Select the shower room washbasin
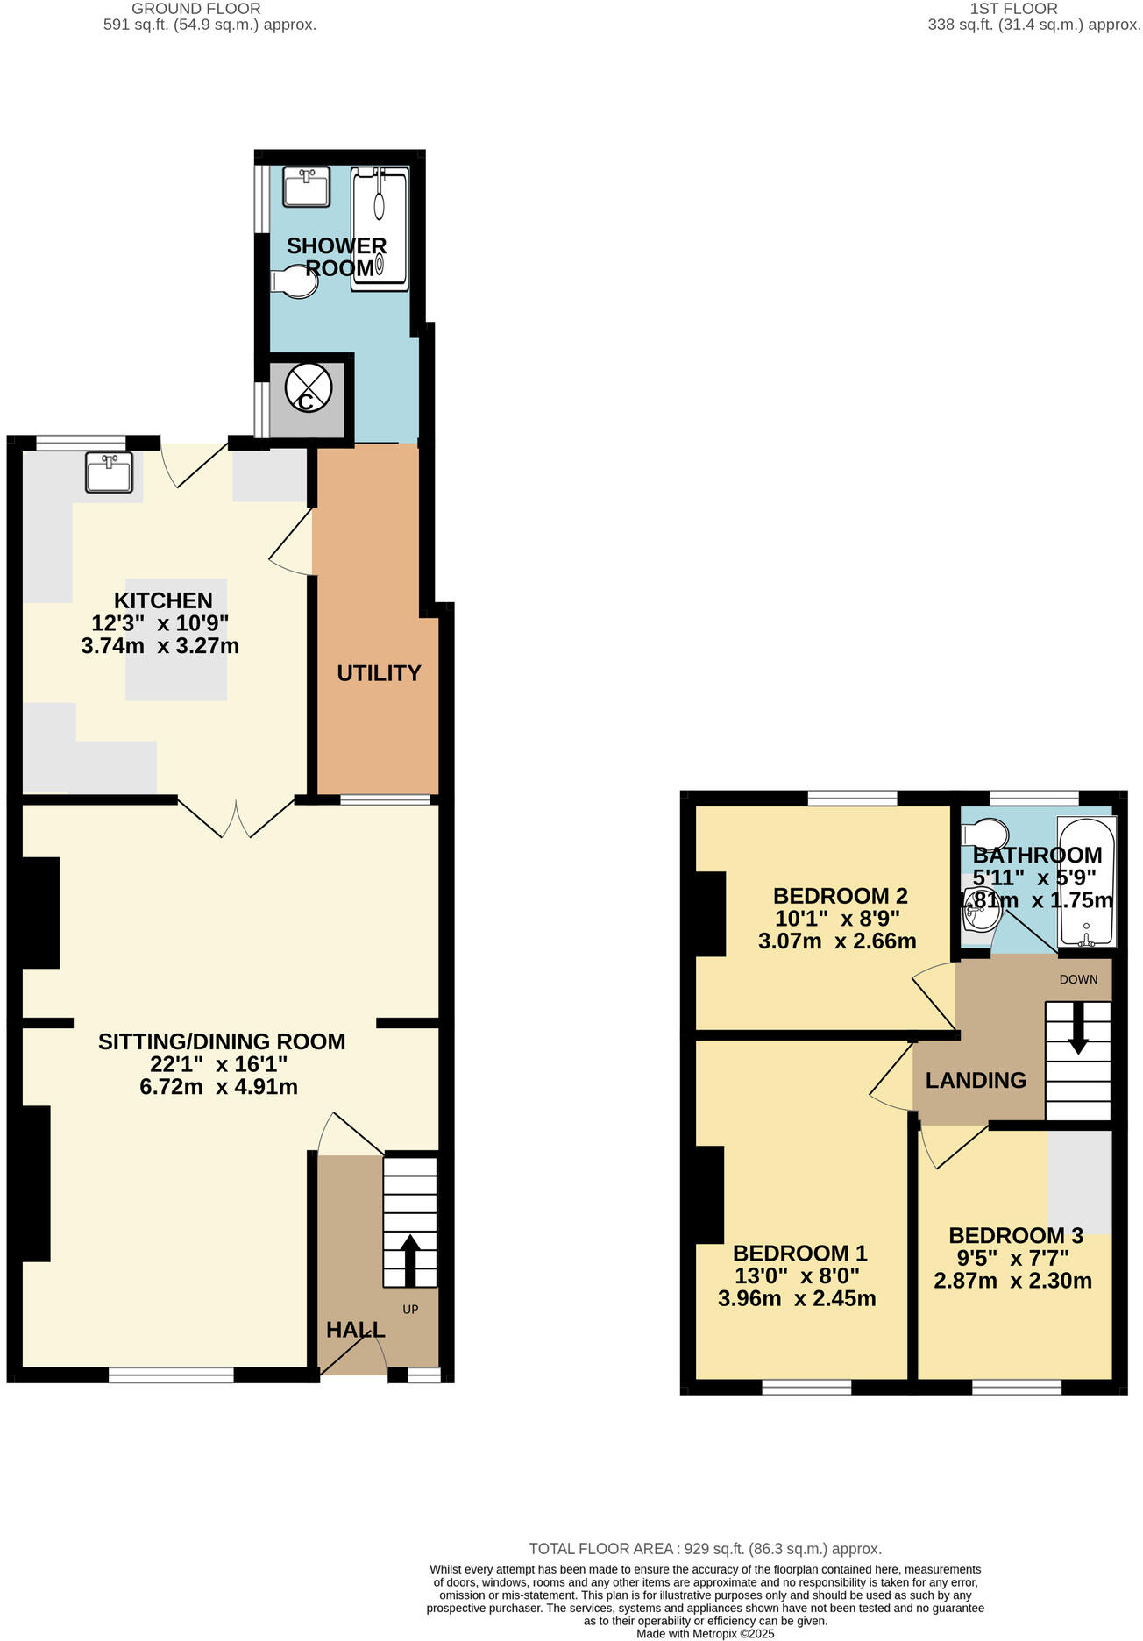coord(307,188)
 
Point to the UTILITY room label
coord(379,673)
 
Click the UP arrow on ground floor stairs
coord(409,1253)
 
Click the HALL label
coord(355,1330)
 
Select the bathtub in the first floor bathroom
coord(1087,882)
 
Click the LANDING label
coord(976,1080)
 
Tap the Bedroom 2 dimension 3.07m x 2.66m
coord(837,941)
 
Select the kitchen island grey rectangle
coord(176,639)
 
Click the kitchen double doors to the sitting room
coord(236,818)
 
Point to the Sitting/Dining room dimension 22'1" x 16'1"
coord(218,1064)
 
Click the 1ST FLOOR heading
coord(1013,9)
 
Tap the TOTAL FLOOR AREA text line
coord(705,1549)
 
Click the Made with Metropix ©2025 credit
coord(705,1634)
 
